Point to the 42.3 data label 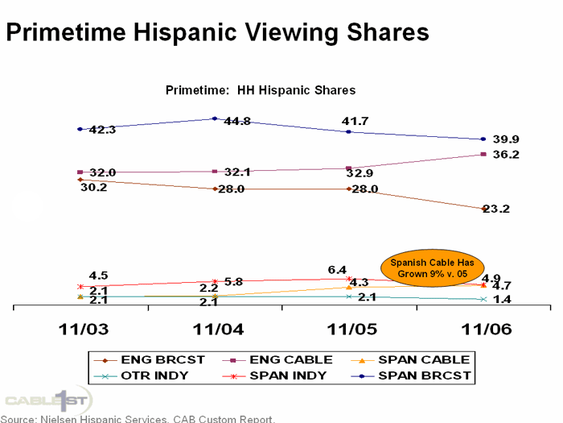pos(103,130)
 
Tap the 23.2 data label pos(505,209)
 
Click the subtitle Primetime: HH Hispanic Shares pos(261,90)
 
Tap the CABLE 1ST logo pos(50,399)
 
